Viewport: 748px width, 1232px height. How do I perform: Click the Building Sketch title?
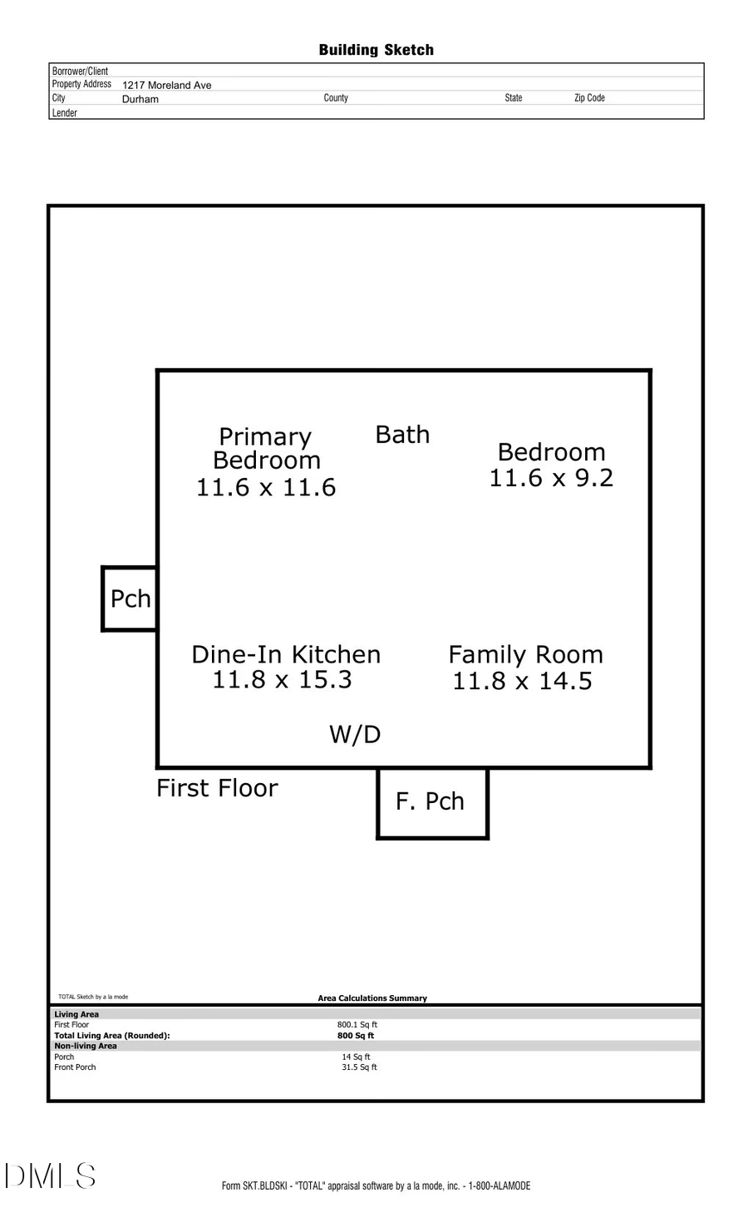(x=376, y=50)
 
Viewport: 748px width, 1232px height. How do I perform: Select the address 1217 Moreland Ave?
(x=166, y=85)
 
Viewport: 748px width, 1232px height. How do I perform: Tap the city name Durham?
(x=140, y=99)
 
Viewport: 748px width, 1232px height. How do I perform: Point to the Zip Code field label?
(x=589, y=98)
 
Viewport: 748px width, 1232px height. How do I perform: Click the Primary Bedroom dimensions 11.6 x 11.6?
(x=266, y=487)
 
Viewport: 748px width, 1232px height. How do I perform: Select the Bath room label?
(x=402, y=435)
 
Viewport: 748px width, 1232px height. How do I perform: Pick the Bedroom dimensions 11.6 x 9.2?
(x=551, y=478)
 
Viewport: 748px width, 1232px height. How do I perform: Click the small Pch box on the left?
(x=130, y=599)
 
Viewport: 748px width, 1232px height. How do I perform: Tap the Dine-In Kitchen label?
(x=286, y=654)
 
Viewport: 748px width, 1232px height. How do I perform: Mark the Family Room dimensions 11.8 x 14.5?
(x=522, y=681)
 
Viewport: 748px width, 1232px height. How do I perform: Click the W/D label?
(x=355, y=734)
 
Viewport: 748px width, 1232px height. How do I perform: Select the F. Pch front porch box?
(x=431, y=802)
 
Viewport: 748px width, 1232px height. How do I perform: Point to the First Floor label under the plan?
(x=217, y=788)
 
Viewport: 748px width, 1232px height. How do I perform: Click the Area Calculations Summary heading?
(x=372, y=998)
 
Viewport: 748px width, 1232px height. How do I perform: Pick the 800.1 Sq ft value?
(x=357, y=1025)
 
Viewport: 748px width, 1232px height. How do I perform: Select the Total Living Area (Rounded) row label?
(x=111, y=1036)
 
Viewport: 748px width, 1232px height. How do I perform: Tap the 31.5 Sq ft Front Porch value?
(x=359, y=1067)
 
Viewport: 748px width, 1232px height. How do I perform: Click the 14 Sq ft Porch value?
(x=356, y=1057)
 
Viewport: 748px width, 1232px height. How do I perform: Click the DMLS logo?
(x=50, y=1176)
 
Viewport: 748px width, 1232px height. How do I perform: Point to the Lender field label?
(x=65, y=113)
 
